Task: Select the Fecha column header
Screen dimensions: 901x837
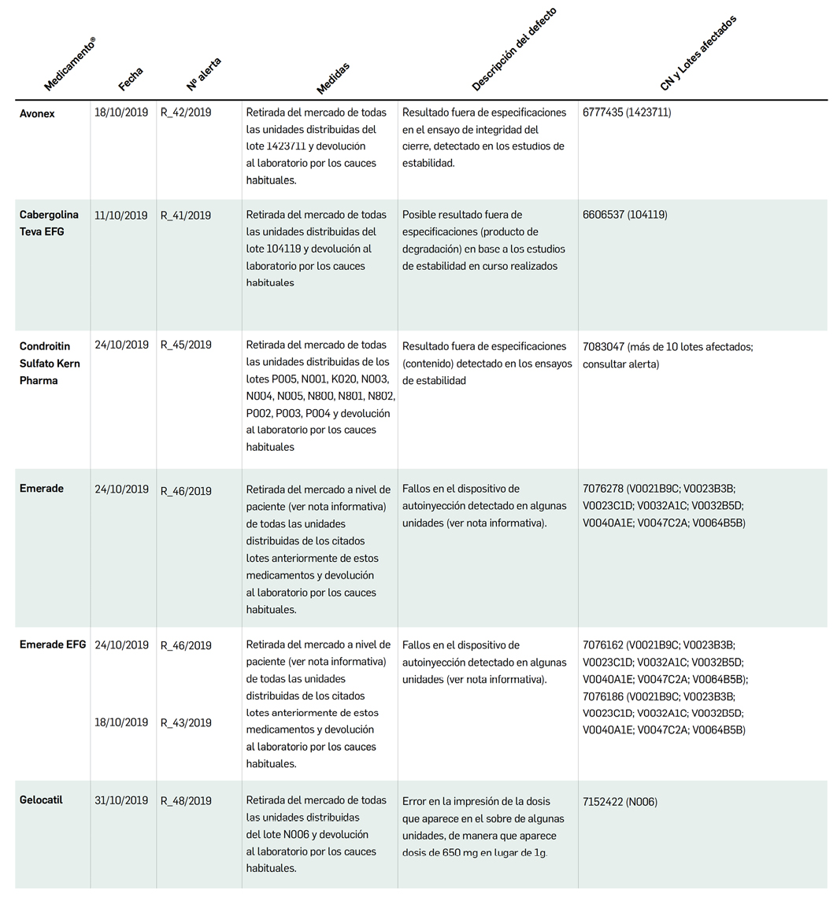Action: click(131, 79)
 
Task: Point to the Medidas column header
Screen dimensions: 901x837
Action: click(333, 78)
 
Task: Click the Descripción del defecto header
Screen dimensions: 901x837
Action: click(514, 49)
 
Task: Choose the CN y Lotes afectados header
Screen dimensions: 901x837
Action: click(698, 53)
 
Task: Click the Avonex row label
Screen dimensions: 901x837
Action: click(37, 113)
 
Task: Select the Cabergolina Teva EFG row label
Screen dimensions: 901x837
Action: click(49, 223)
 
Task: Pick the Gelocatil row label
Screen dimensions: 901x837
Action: click(41, 799)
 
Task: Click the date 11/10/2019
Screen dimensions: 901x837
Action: click(120, 215)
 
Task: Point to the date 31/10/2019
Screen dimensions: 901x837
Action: click(120, 800)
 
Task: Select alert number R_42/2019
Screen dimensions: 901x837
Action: click(186, 113)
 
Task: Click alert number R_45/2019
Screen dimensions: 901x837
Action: click(186, 345)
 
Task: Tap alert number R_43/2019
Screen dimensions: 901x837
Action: click(186, 722)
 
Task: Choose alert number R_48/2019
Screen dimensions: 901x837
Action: click(186, 801)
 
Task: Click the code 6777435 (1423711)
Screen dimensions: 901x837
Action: click(627, 113)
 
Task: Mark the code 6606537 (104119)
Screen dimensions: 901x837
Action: click(624, 215)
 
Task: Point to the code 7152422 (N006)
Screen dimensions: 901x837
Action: click(620, 802)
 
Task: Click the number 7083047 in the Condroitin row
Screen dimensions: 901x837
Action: click(603, 346)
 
